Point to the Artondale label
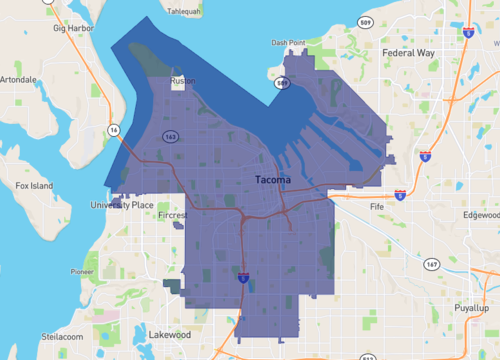coord(19,78)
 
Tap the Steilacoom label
coord(35,337)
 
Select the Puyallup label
coord(471,309)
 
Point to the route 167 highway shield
coord(431,264)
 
